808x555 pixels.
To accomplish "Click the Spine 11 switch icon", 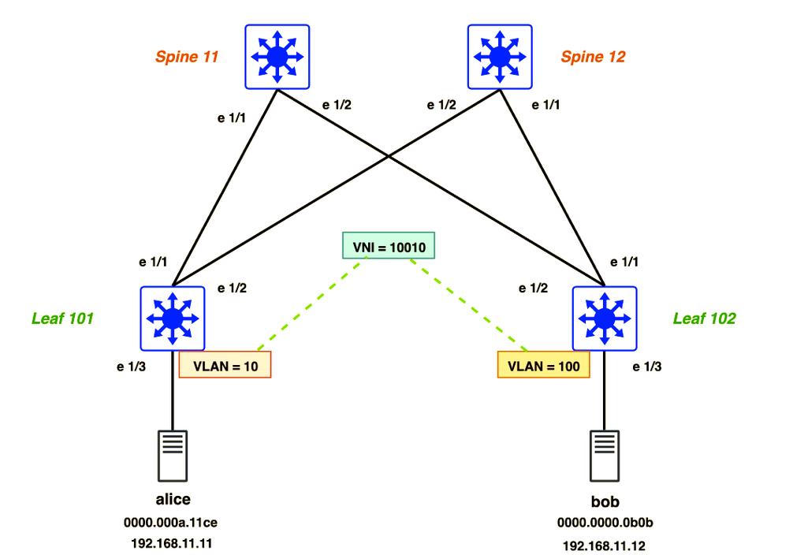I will point(277,55).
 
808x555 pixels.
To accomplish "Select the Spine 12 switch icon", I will point(500,55).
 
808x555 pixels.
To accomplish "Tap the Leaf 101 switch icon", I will point(173,318).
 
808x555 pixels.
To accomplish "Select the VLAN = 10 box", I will point(225,365).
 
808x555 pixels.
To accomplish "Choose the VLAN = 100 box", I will point(544,365).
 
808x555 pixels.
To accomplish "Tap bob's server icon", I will point(605,455).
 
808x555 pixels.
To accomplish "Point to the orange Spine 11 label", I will point(187,57).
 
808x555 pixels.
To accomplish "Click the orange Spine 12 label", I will point(593,57).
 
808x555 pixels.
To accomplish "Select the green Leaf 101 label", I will point(62,318).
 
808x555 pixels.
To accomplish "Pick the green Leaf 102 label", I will point(704,318).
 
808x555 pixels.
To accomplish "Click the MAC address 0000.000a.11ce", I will point(171,522).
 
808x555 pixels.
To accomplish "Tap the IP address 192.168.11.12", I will point(605,545).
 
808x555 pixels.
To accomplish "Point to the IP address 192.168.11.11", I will point(171,543).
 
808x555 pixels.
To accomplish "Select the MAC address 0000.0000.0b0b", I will point(605,522).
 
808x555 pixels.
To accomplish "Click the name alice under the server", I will point(172,499).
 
